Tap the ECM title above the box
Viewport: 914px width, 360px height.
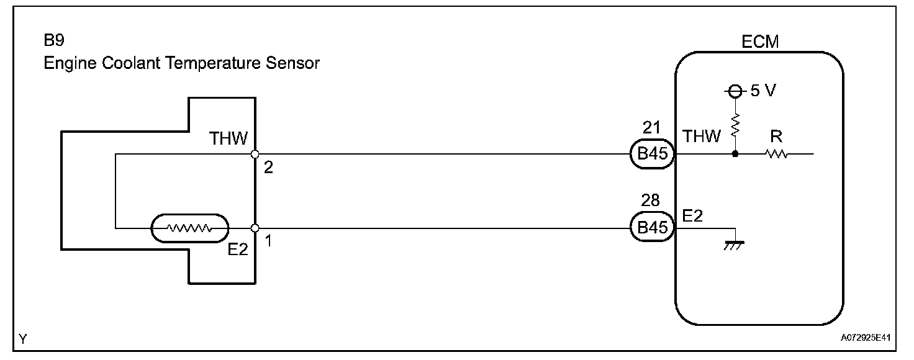[x=760, y=42]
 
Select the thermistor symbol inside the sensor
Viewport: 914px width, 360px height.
[x=190, y=228]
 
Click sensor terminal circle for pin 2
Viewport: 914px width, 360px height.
[x=255, y=154]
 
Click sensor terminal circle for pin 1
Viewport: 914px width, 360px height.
[x=255, y=228]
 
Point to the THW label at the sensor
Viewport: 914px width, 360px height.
[x=228, y=138]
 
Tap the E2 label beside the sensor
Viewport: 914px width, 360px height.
[x=238, y=249]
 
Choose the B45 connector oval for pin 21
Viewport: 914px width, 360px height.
[x=652, y=154]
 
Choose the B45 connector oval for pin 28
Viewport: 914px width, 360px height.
[x=652, y=228]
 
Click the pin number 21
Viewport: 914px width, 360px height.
[x=652, y=128]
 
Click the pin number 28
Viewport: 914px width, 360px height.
[x=652, y=200]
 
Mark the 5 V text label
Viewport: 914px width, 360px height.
[x=762, y=91]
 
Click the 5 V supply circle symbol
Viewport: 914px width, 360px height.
[x=735, y=91]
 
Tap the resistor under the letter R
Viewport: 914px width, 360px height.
[x=777, y=154]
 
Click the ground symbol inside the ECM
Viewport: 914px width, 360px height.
[x=735, y=245]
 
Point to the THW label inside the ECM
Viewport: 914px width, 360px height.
[x=702, y=137]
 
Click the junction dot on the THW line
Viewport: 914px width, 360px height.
[x=735, y=154]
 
